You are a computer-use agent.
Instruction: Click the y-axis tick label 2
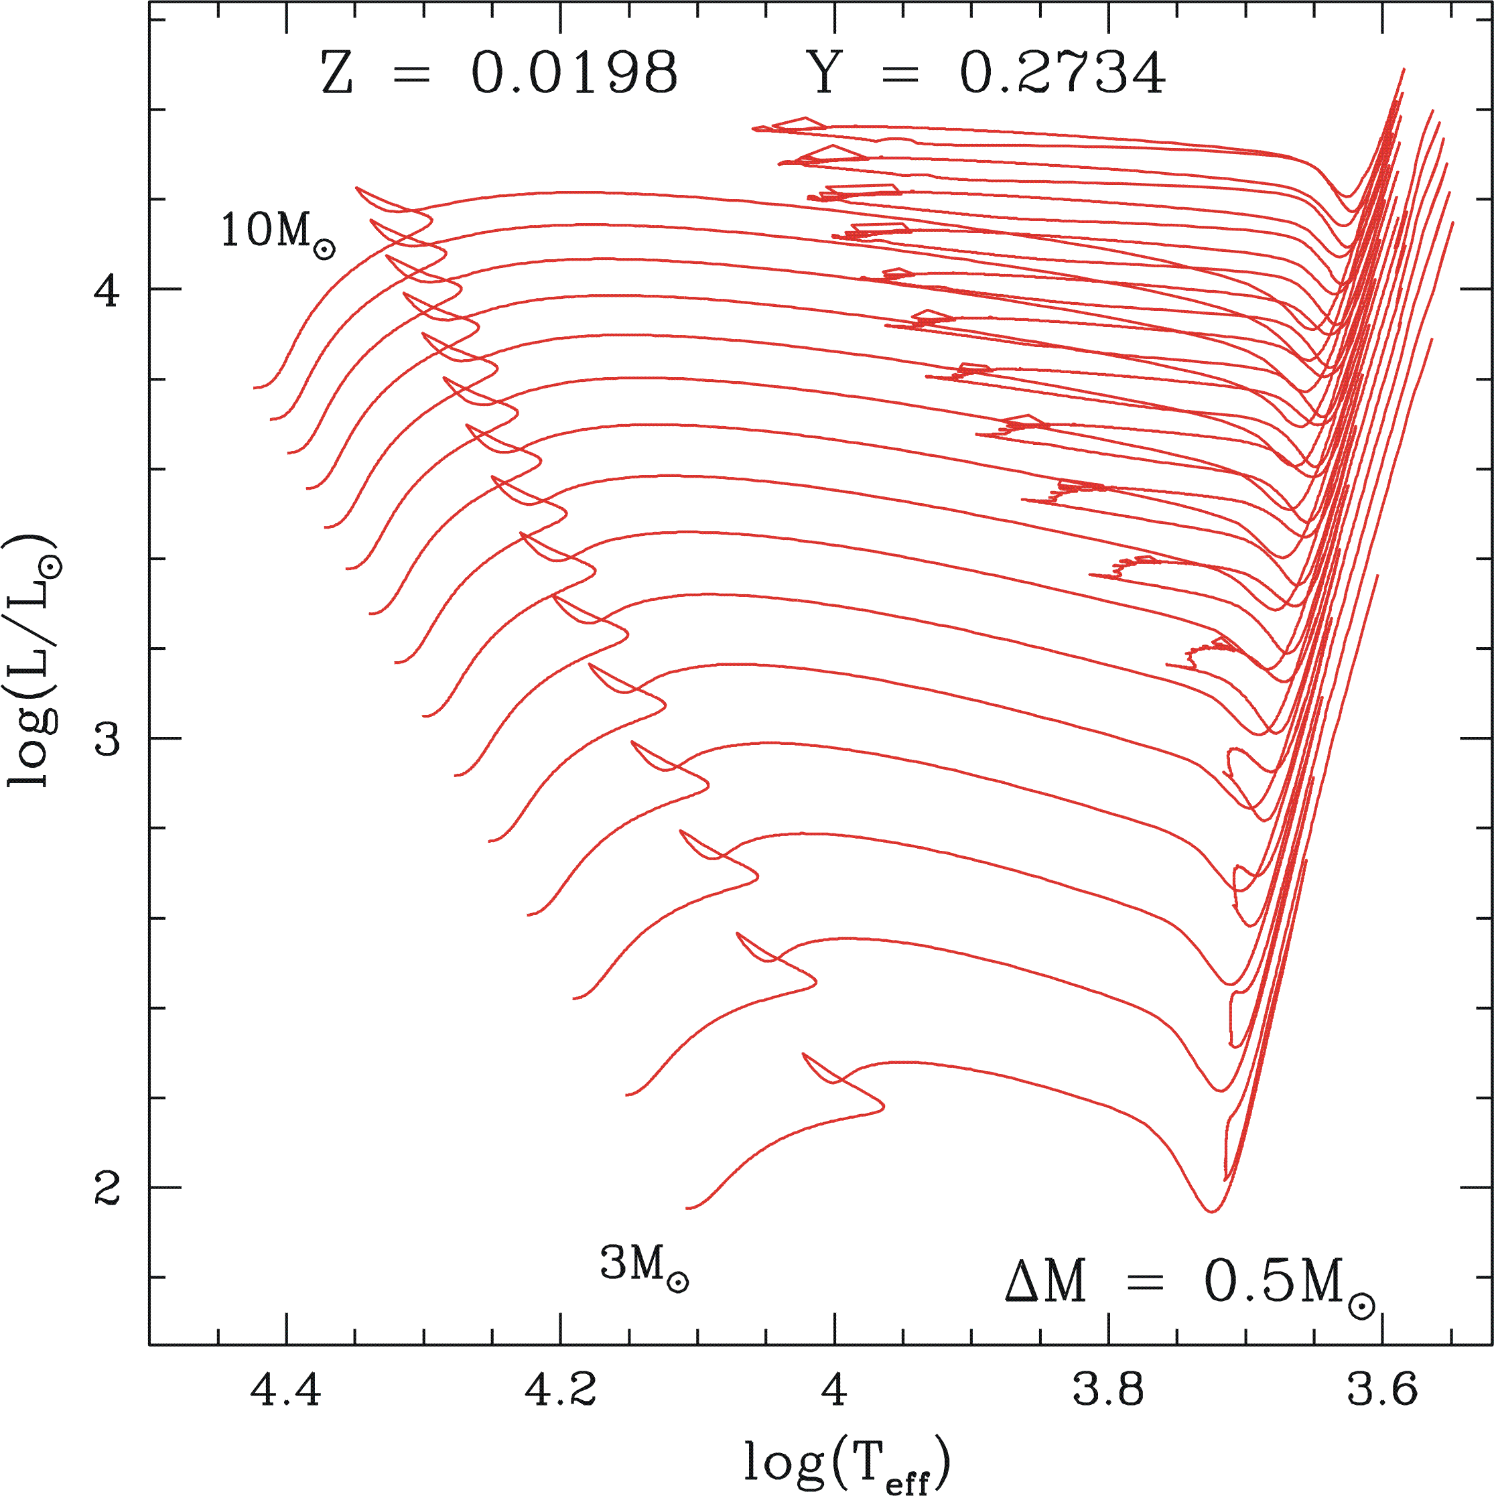point(107,1187)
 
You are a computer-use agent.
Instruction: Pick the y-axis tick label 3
point(107,739)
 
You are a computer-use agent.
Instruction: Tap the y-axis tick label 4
point(107,289)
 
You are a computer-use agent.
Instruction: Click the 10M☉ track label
point(277,233)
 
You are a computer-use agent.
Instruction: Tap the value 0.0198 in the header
point(575,74)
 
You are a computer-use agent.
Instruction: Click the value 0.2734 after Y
point(1062,74)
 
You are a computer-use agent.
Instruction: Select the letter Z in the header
point(337,74)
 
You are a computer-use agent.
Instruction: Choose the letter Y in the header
point(825,74)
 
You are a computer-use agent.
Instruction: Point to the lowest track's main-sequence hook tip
point(883,1109)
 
